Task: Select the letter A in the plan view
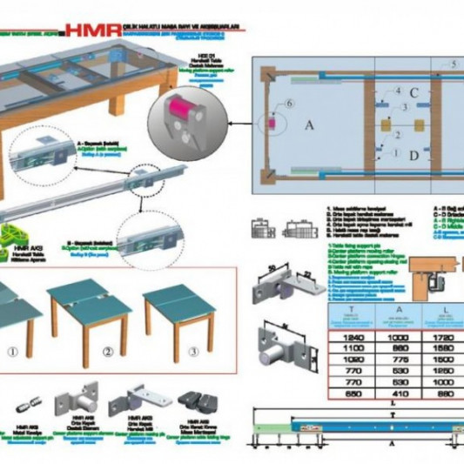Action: coord(308,124)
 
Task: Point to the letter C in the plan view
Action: coord(414,93)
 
